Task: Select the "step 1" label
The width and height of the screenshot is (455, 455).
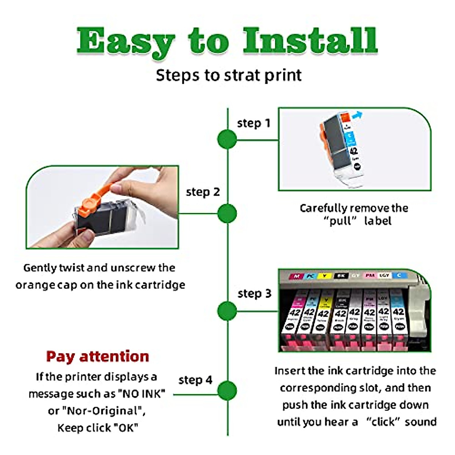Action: [x=253, y=123]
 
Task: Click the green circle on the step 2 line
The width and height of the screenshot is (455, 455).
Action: [x=227, y=213]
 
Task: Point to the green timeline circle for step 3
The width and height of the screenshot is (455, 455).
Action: [x=227, y=311]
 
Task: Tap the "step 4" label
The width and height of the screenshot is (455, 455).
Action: [x=195, y=380]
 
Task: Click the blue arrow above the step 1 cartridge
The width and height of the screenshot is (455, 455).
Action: [x=357, y=115]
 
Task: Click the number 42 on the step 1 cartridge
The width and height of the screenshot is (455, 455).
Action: [x=353, y=151]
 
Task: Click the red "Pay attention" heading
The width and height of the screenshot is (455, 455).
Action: [x=97, y=356]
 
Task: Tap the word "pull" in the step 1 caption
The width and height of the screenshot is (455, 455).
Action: [x=340, y=221]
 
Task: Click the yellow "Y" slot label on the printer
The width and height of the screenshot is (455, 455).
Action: [x=324, y=276]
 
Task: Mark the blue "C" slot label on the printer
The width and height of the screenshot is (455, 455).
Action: [x=399, y=275]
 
